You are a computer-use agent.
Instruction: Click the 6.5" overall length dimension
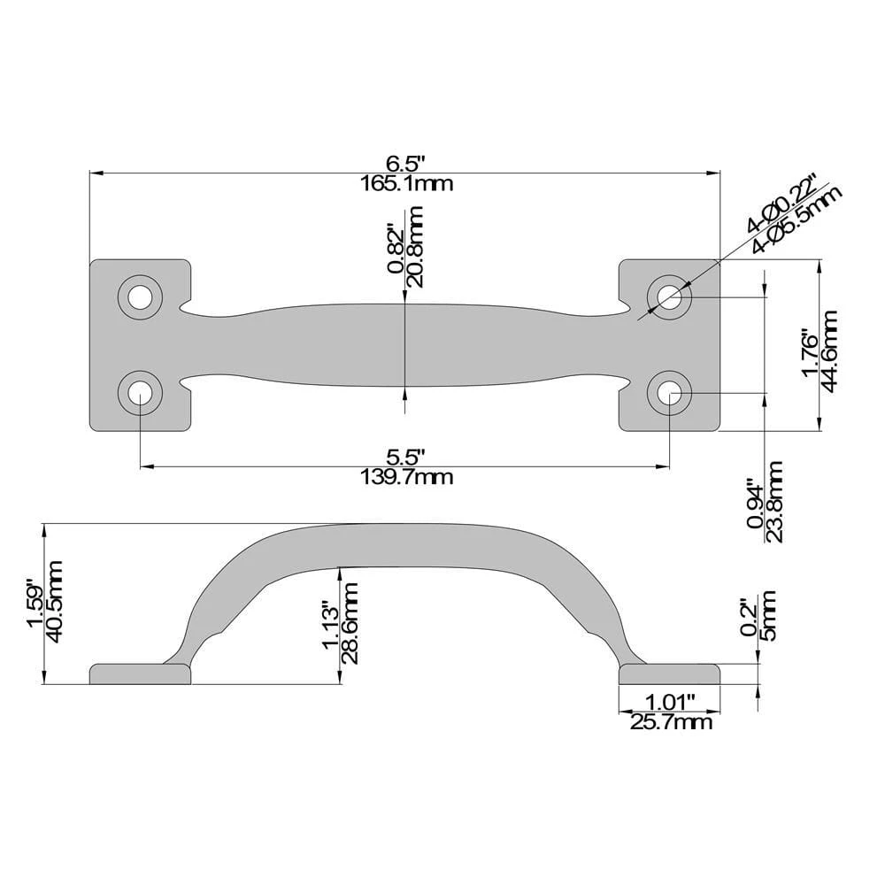405,165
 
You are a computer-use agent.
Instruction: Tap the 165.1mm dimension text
405,184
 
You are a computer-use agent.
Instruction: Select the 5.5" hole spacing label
405,458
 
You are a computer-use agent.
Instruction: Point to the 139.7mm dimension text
405,478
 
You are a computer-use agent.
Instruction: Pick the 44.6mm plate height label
829,343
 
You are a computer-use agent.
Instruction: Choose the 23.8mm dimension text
774,501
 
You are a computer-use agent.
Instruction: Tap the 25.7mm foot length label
670,723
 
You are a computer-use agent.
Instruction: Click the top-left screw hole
139,297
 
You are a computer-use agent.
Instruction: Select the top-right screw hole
669,297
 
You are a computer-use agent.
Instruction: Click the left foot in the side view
140,675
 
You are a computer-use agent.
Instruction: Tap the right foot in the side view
669,675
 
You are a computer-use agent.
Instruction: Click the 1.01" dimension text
670,703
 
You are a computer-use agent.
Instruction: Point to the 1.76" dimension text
809,343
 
